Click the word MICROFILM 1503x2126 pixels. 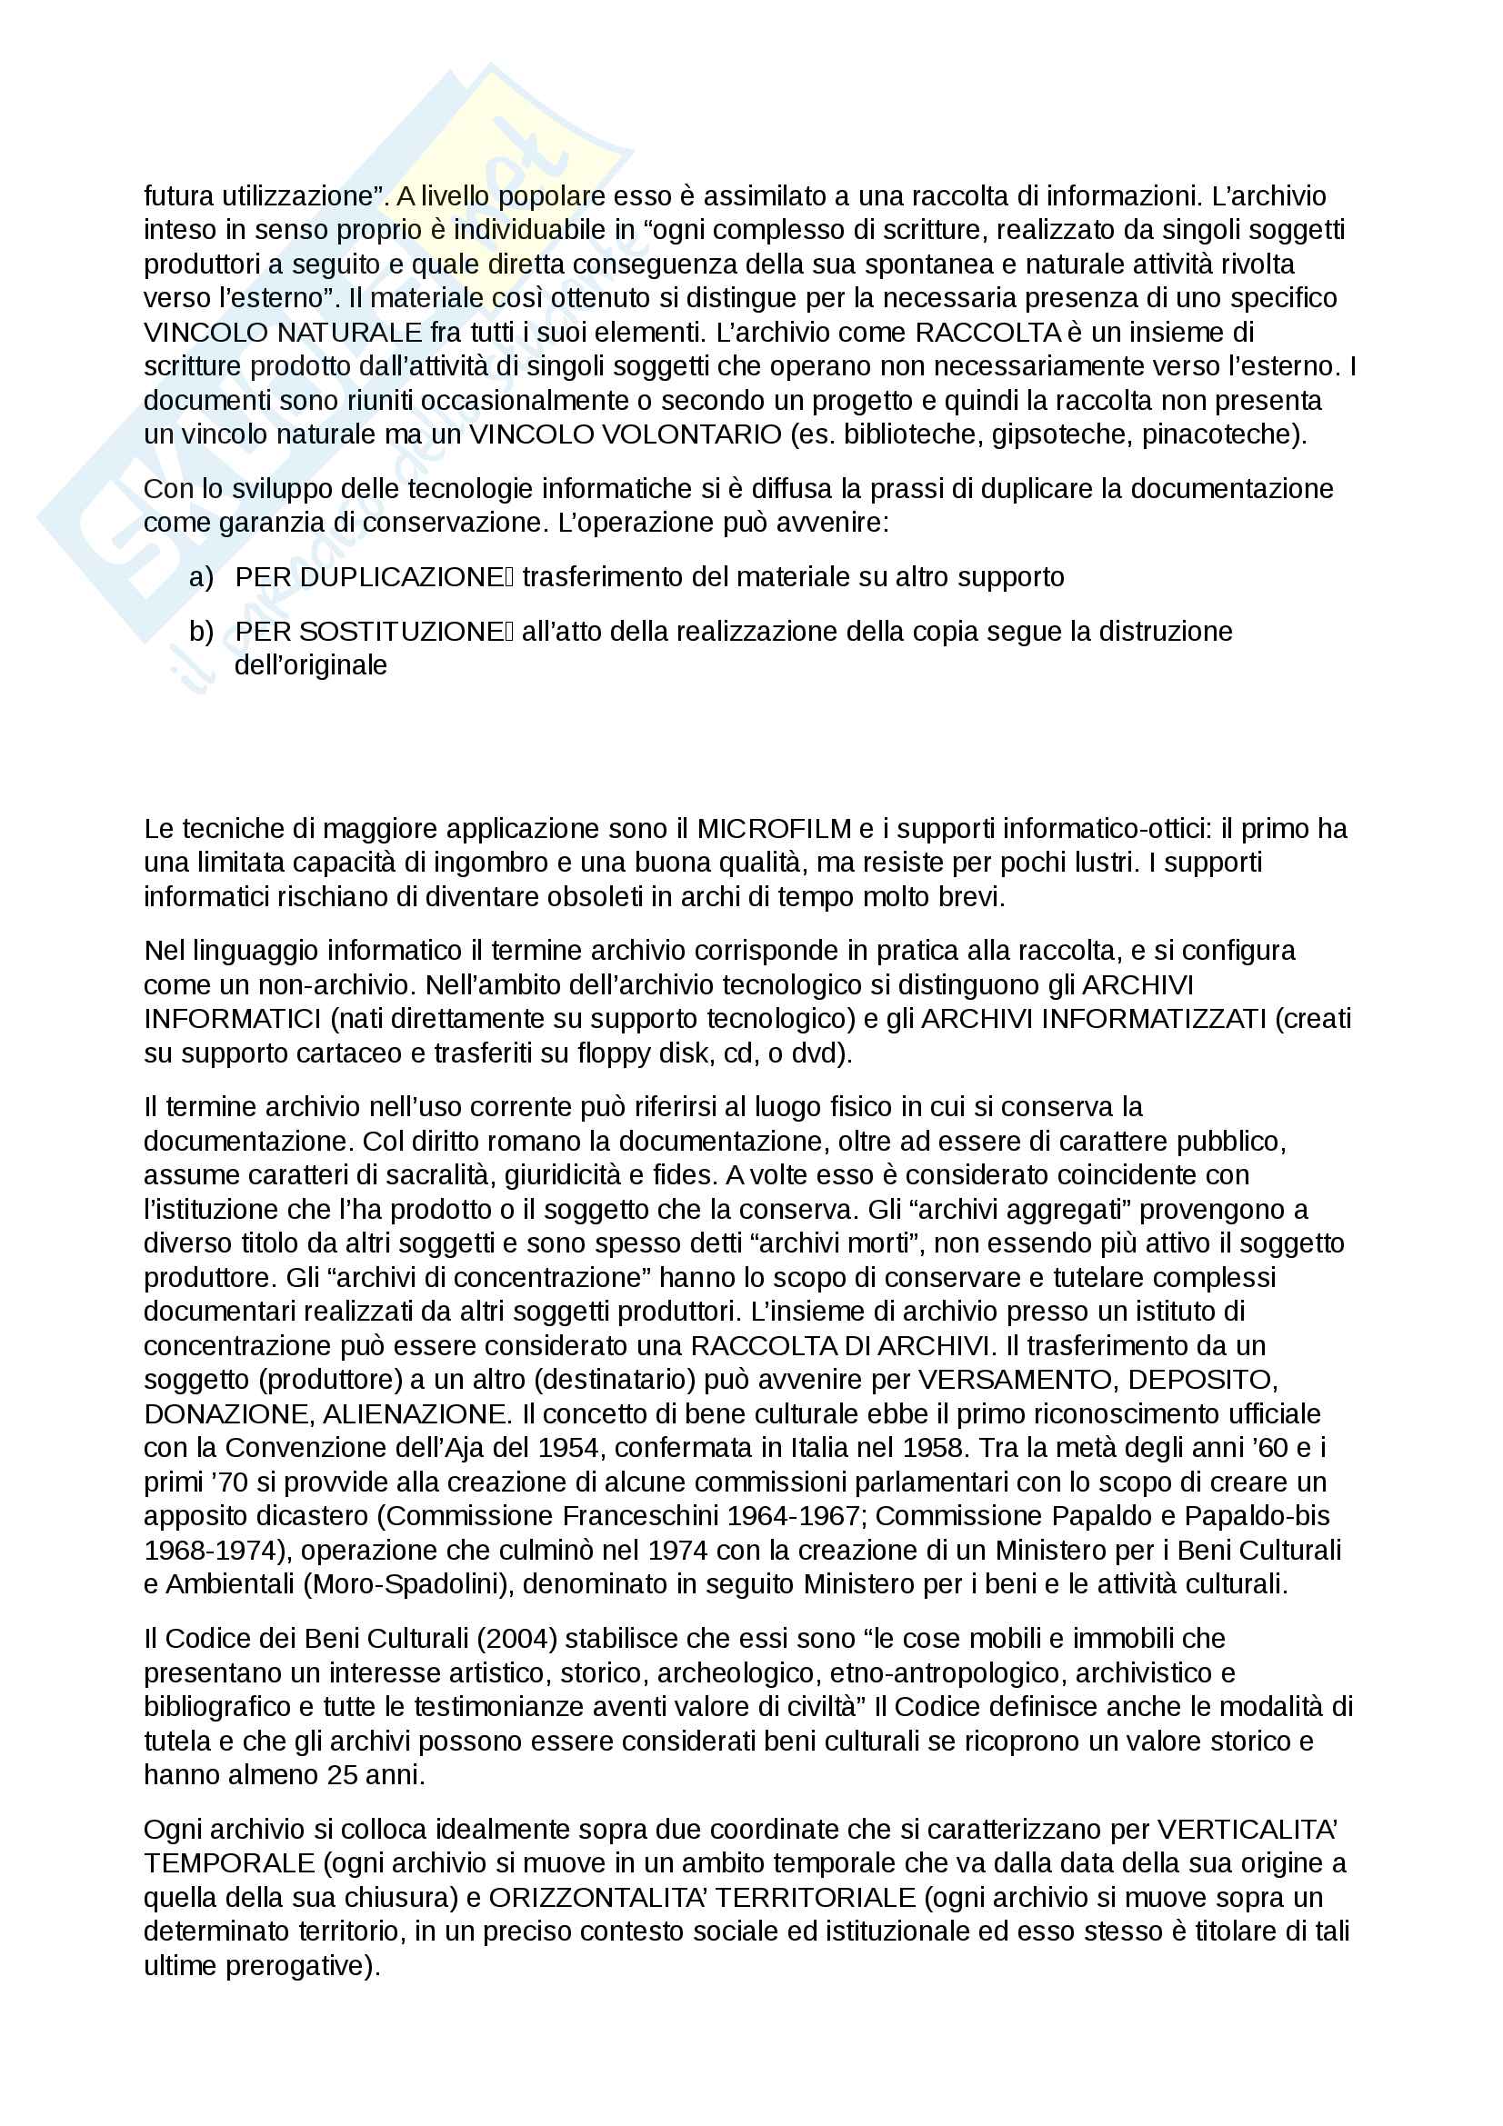coord(773,828)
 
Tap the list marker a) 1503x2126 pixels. coord(201,577)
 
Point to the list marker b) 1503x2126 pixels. coord(201,632)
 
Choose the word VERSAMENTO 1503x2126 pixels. coord(1014,1380)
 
